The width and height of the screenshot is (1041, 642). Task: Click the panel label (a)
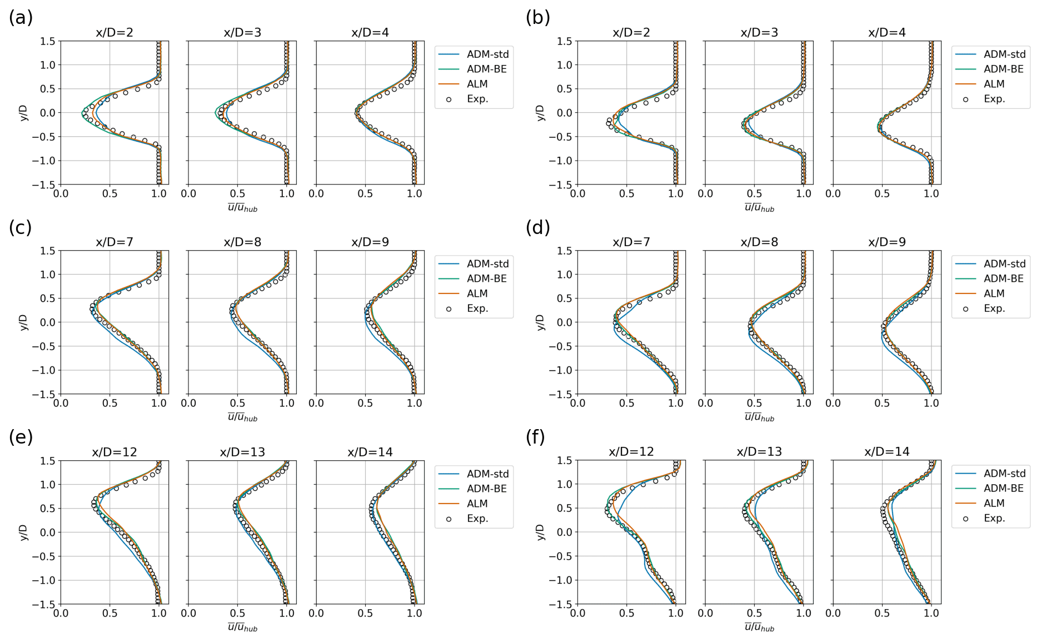click(x=21, y=18)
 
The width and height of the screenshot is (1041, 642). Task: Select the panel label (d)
click(x=537, y=228)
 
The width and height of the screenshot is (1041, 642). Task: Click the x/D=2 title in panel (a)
click(x=114, y=33)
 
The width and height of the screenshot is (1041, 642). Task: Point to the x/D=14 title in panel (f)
click(x=886, y=452)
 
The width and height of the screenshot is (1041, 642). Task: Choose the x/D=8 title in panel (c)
click(x=242, y=242)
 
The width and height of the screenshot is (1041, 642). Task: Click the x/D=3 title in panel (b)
click(x=759, y=33)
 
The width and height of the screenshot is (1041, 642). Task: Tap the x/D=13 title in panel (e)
click(x=242, y=452)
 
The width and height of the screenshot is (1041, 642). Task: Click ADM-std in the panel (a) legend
click(x=487, y=54)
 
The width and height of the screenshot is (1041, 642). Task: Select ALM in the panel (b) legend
click(x=994, y=84)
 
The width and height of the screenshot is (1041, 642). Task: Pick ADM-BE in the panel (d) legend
click(x=1003, y=278)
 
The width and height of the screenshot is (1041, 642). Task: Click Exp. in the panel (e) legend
click(x=477, y=519)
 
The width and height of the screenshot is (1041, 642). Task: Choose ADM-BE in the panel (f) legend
click(x=1003, y=489)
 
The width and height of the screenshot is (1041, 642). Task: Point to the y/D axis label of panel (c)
click(x=23, y=322)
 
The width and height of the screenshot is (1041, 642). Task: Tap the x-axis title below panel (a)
click(x=242, y=208)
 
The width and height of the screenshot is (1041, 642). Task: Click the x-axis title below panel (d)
click(x=759, y=417)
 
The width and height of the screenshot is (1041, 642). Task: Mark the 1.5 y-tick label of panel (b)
click(x=564, y=42)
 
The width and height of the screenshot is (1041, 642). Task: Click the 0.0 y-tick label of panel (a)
click(x=48, y=113)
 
